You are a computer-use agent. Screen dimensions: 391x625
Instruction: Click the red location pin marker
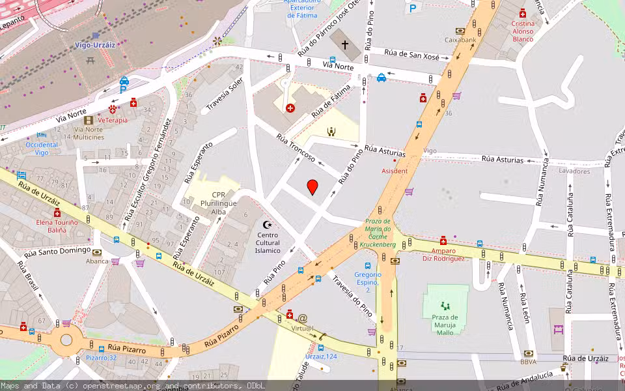coord(312,187)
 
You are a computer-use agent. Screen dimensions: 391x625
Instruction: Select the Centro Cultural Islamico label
coord(268,242)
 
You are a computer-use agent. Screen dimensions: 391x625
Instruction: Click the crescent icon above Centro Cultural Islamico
coord(267,225)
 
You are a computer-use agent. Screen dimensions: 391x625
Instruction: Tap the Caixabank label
coord(461,39)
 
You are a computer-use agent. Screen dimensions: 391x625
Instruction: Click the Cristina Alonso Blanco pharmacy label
coord(523,31)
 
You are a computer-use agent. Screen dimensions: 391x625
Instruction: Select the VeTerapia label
coord(113,120)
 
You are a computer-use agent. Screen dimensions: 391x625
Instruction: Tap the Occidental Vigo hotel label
coord(42,149)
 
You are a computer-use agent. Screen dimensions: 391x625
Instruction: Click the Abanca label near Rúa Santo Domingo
coord(97,261)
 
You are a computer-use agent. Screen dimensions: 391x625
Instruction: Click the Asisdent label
coord(395,171)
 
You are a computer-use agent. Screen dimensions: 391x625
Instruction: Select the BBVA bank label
coord(529,362)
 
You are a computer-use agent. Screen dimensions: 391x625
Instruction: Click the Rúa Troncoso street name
coord(296,149)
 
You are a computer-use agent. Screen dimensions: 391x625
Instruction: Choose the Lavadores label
coord(574,171)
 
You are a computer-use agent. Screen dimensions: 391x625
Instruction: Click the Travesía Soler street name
coord(225,94)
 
